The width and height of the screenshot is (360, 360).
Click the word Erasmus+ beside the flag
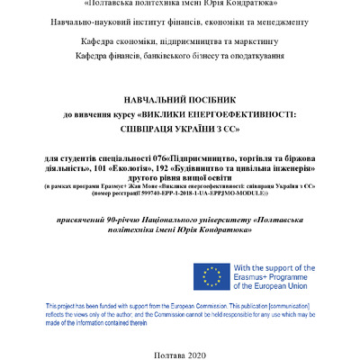pos(256,279)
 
